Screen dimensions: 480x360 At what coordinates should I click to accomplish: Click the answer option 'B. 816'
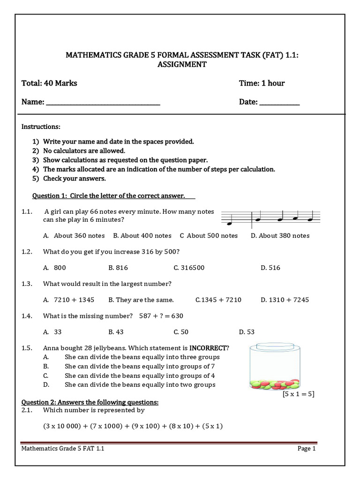118,268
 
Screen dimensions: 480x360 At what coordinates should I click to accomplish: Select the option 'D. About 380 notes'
280,235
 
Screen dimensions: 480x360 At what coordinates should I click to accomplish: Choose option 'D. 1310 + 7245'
285,300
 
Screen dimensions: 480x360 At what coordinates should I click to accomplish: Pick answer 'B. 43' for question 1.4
116,332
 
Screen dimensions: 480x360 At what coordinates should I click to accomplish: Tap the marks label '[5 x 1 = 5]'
298,394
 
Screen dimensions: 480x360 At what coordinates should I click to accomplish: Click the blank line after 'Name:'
103,103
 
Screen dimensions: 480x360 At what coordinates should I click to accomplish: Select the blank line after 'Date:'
279,103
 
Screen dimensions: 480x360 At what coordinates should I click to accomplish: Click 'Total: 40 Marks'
49,83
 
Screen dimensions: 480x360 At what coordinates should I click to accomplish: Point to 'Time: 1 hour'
262,83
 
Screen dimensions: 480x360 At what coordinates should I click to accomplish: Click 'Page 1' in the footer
307,449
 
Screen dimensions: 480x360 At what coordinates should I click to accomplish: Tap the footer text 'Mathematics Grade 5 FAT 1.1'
63,449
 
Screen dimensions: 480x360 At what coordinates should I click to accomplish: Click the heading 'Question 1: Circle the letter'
108,195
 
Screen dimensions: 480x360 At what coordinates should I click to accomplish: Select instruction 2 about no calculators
84,150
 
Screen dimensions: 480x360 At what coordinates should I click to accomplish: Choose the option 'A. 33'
52,332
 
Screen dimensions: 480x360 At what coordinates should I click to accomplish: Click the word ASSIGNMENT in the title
181,65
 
